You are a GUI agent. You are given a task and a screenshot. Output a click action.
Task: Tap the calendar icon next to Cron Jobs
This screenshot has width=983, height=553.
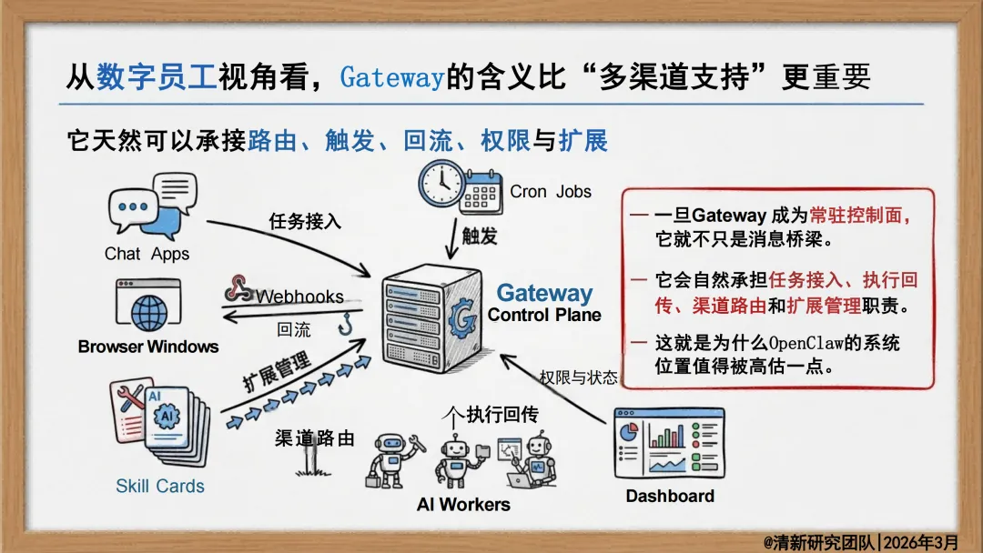tap(480, 193)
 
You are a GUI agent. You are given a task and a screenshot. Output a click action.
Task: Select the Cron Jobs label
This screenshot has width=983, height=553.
tap(551, 192)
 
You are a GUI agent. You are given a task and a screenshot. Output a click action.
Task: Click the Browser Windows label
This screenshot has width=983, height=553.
tap(148, 347)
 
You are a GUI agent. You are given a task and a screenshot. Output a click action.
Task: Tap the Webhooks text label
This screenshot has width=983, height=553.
tap(299, 297)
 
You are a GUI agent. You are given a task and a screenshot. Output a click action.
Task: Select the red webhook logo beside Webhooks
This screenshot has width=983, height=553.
tap(239, 288)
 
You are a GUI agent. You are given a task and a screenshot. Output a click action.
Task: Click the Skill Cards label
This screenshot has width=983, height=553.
tap(159, 486)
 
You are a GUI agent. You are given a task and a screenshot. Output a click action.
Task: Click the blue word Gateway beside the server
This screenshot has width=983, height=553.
tap(544, 293)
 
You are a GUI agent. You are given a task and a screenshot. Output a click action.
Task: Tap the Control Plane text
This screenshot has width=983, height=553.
tap(544, 316)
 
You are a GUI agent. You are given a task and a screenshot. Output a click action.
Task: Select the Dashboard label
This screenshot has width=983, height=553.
tap(670, 496)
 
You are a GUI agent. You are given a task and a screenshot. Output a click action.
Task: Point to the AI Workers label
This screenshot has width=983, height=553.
tap(463, 504)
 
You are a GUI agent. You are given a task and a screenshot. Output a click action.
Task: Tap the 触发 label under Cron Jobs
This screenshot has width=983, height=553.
tap(480, 236)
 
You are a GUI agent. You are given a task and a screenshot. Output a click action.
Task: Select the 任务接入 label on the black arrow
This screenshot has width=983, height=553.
tap(305, 221)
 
